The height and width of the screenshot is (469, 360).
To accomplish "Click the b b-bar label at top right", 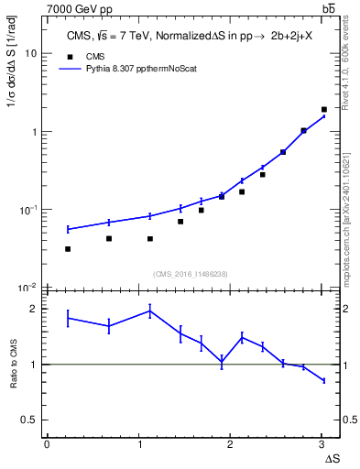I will click(x=328, y=8).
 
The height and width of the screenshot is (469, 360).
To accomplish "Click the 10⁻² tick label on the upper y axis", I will click(x=28, y=288).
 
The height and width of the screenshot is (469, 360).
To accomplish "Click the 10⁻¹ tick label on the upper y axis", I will click(x=28, y=210).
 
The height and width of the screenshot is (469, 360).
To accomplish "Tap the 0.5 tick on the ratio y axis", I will click(x=28, y=420).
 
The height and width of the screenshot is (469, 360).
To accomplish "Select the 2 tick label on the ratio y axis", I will click(x=32, y=309).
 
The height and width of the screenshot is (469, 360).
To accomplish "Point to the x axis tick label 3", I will click(x=322, y=443).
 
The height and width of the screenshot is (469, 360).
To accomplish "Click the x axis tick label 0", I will click(x=47, y=443).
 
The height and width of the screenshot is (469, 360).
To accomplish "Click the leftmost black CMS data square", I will click(x=68, y=249).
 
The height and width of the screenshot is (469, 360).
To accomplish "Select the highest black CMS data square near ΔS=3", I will click(x=324, y=110).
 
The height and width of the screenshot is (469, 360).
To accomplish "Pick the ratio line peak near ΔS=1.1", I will click(x=149, y=311).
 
